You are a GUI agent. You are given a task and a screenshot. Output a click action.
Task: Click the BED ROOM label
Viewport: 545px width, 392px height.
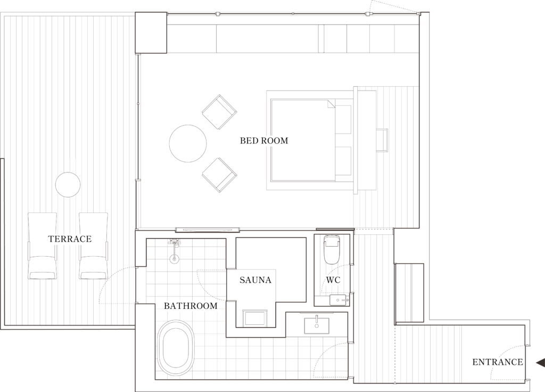264,141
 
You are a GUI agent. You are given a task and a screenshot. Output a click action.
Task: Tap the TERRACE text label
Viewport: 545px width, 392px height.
70,239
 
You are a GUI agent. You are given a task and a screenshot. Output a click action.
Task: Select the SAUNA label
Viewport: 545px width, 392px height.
255,280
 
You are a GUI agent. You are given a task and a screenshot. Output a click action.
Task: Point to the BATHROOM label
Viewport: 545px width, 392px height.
191,306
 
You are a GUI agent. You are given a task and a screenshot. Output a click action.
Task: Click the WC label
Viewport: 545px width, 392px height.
333,280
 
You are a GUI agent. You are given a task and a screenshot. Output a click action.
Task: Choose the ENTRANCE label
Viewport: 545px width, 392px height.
498,362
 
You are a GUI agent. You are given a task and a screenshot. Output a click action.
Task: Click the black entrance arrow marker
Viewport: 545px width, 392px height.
540,363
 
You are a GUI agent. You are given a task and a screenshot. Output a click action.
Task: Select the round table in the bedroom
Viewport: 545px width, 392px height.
188,143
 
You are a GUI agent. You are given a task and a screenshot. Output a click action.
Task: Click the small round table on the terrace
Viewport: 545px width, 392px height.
68,185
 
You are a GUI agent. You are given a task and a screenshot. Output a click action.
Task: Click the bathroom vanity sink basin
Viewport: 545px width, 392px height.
317,325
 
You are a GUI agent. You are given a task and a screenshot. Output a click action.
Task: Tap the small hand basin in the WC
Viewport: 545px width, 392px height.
339,300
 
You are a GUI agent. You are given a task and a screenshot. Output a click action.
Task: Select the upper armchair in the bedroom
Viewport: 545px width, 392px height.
220,112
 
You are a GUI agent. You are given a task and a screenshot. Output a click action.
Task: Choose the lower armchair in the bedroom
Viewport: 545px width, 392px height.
220,175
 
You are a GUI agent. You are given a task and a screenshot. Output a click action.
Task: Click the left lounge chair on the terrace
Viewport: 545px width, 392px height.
42,246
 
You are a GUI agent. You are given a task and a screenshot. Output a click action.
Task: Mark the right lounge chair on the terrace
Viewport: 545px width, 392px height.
93,246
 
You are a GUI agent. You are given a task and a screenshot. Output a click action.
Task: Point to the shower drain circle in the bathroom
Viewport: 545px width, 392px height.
175,258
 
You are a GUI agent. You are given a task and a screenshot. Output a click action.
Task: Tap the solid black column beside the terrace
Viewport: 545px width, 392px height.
151,32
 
